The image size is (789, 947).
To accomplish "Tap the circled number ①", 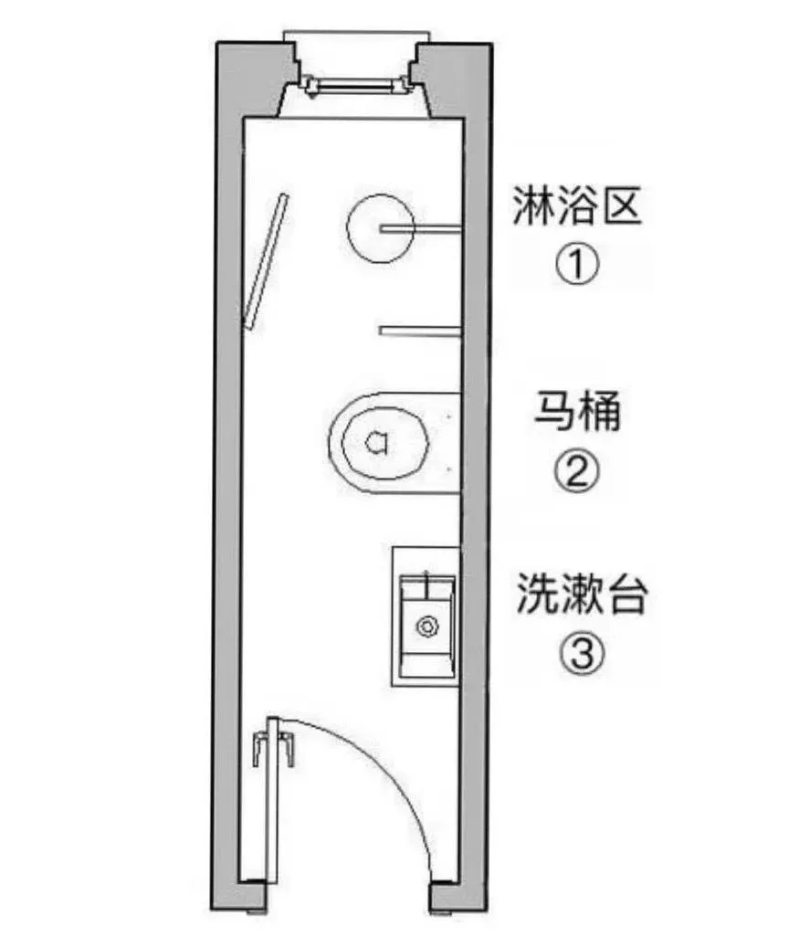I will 576,267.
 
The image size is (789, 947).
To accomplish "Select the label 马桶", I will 576,413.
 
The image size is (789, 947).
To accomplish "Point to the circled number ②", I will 576,471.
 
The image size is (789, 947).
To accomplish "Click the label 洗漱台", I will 582,595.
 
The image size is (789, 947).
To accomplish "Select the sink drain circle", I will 426,626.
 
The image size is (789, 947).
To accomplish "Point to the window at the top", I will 357,86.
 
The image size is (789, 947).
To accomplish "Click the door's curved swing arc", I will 402,776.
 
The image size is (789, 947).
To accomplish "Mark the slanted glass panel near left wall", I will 266,260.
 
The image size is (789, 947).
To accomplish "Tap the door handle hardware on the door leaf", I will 273,747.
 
